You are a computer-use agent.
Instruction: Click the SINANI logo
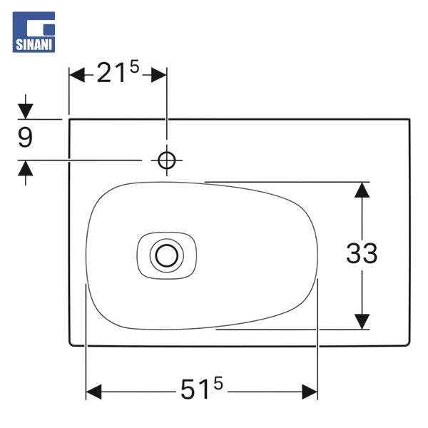coord(34,32)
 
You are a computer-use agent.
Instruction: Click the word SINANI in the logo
coord(34,45)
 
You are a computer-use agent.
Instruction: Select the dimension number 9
coord(25,138)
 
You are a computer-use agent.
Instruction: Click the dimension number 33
coord(362,253)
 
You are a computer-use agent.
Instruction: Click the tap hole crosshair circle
coord(166,160)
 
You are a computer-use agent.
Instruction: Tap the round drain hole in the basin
coord(166,256)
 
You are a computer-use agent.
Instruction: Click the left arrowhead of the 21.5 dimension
coord(77,74)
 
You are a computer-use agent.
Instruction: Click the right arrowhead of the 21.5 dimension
coord(158,74)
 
